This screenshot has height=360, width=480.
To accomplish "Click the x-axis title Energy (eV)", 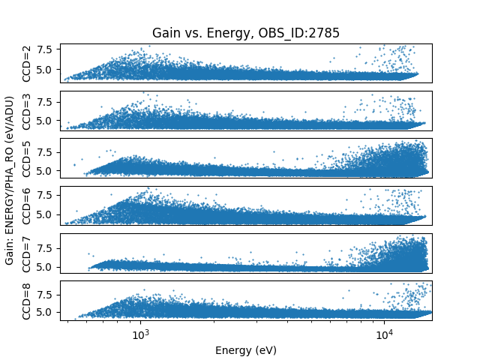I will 245,349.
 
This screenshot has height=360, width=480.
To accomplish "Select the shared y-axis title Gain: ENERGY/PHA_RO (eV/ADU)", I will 10,180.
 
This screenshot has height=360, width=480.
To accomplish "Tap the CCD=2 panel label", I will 27,63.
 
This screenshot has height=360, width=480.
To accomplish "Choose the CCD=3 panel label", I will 27,110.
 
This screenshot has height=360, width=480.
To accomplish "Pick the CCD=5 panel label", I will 27,158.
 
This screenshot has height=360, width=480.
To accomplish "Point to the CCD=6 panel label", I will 27,205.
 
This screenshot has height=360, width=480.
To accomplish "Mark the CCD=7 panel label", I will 27,253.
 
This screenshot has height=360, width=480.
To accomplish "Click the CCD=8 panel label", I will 27,301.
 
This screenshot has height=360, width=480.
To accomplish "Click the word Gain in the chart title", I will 165,33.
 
